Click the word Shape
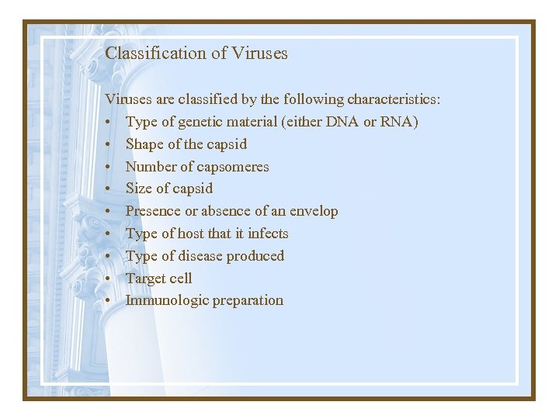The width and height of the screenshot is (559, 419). pyautogui.click(x=144, y=144)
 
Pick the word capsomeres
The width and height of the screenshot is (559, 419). pyautogui.click(x=231, y=167)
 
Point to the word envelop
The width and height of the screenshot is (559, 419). pyautogui.click(x=314, y=211)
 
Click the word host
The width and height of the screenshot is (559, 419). pyautogui.click(x=190, y=234)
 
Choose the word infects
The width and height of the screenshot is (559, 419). pyautogui.click(x=268, y=234)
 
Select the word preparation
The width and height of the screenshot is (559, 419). pyautogui.click(x=247, y=300)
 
